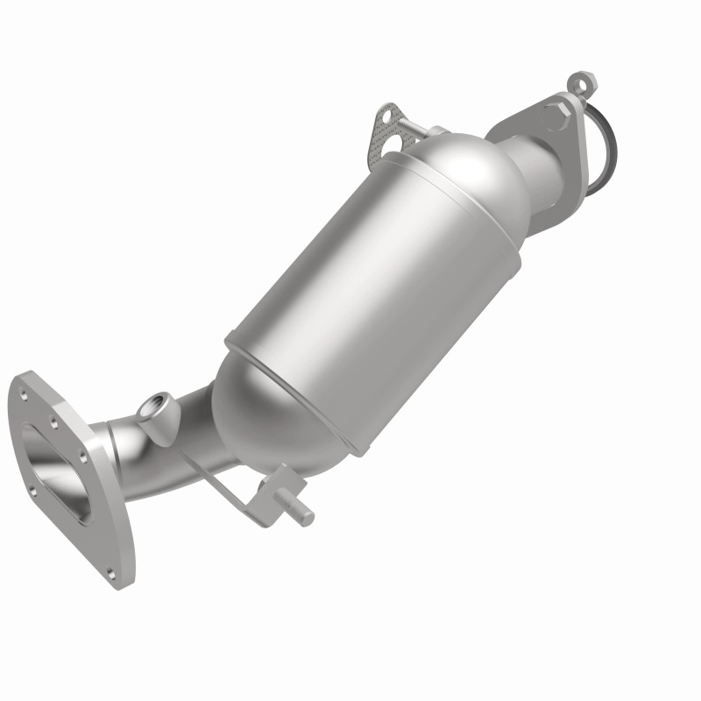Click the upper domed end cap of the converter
[456, 175]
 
